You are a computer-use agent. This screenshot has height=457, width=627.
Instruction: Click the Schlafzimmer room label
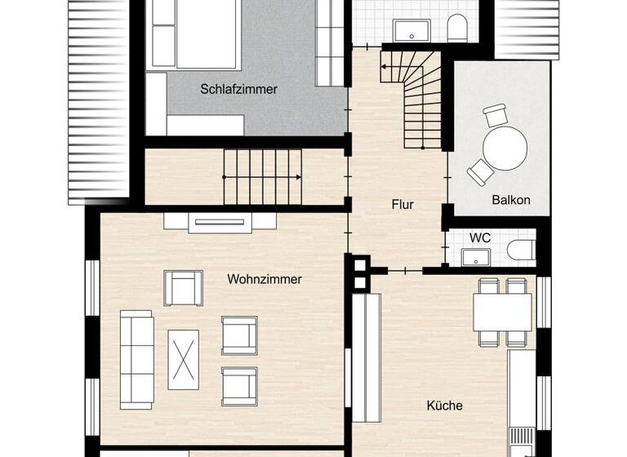238,90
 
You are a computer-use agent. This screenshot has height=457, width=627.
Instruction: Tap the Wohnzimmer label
265,279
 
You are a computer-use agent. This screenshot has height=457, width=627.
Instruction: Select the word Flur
402,205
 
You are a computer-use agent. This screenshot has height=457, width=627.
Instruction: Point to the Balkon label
511,200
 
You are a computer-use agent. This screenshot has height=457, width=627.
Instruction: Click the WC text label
479,238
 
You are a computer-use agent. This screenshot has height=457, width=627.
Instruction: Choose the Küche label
445,406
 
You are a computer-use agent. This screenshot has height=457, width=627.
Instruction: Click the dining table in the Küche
502,312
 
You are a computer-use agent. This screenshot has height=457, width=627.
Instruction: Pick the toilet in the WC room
520,250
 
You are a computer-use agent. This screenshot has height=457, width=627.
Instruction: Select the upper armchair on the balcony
495,115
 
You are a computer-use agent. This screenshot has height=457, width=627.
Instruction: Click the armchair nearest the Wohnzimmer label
183,287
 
